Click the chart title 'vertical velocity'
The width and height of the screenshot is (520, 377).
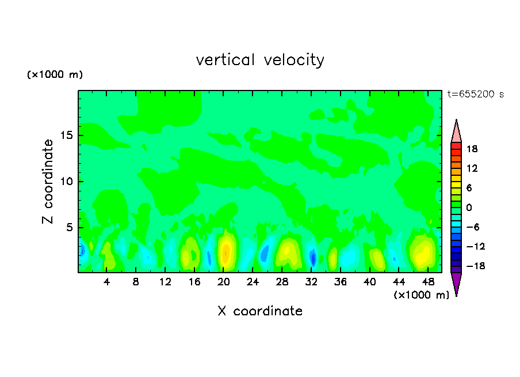(260, 60)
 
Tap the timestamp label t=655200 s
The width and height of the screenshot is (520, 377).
(475, 95)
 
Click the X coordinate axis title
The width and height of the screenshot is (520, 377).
(260, 311)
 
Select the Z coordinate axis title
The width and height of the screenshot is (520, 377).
(48, 182)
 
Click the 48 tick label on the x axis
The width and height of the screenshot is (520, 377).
(427, 282)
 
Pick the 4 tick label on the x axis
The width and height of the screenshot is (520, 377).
(107, 282)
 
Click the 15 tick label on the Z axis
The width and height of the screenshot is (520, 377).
(66, 136)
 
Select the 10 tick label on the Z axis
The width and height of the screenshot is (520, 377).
(66, 182)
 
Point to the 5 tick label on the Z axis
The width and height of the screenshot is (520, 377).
(69, 228)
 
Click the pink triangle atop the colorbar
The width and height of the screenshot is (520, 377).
(456, 132)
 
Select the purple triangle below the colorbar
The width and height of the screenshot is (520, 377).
(456, 283)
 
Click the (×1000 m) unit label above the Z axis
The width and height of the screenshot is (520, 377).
(55, 75)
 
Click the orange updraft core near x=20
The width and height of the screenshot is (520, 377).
(226, 252)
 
